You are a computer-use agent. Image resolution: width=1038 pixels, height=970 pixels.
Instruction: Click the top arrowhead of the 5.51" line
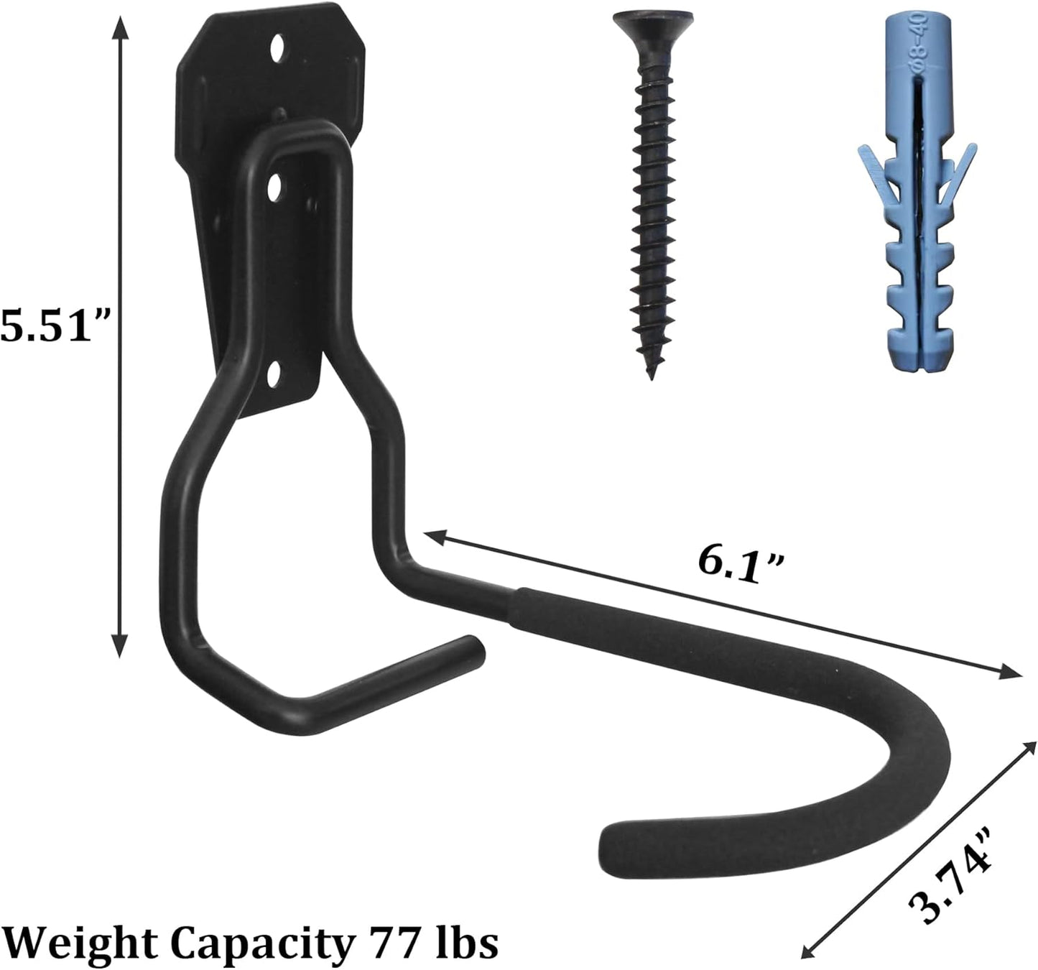[121, 26]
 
